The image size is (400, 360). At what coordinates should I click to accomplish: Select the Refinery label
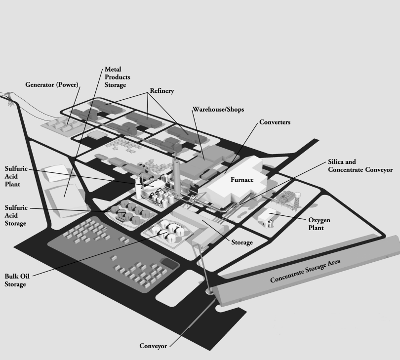click(x=161, y=91)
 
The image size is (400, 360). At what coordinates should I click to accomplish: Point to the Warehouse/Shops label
click(x=218, y=109)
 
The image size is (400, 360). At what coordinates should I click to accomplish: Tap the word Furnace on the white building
click(x=242, y=180)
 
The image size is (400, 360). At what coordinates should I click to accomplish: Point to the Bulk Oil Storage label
click(x=15, y=280)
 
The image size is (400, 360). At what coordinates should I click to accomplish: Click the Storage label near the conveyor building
click(x=242, y=242)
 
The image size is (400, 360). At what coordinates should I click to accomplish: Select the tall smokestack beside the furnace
click(x=176, y=170)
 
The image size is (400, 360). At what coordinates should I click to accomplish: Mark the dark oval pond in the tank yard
click(x=169, y=265)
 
